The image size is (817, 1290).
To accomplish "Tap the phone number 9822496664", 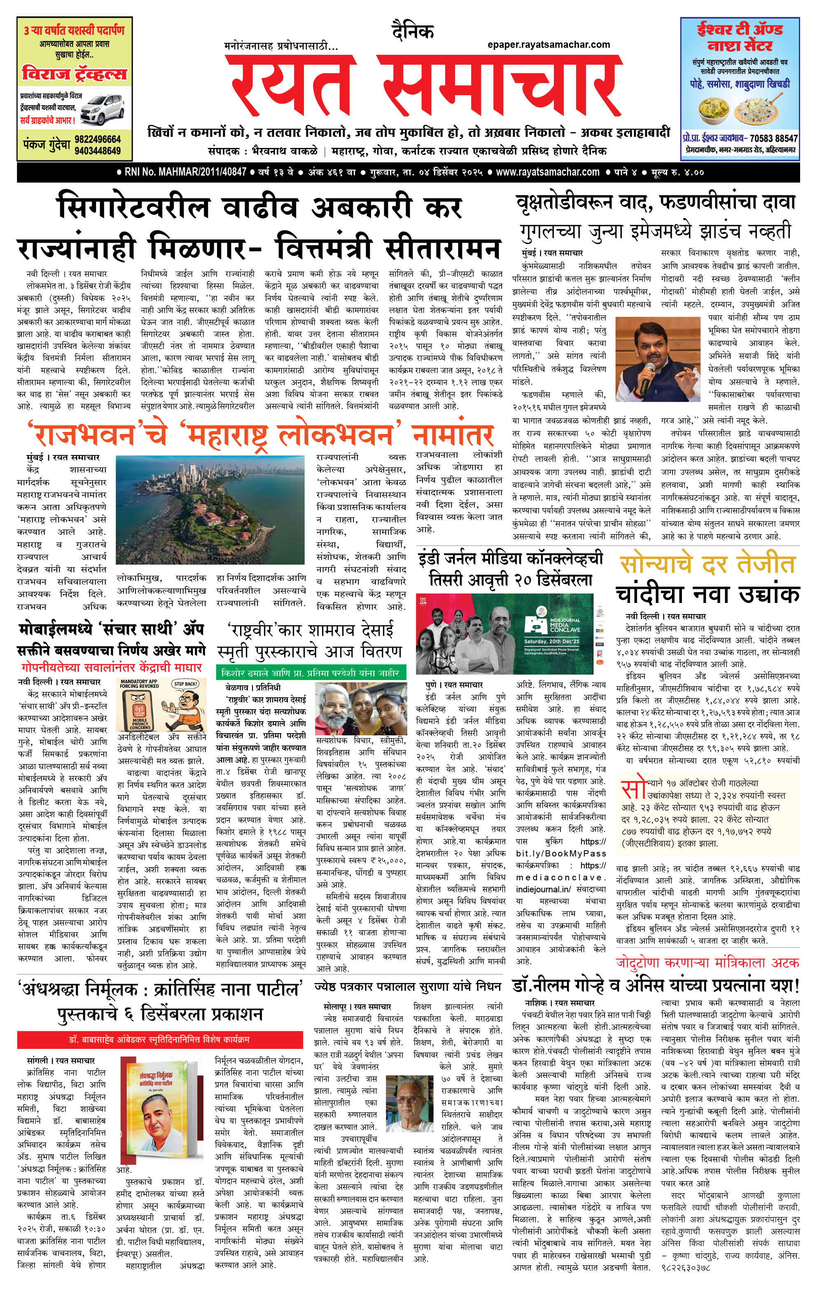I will [x=98, y=139].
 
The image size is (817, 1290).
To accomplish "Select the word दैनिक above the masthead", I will [x=412, y=32].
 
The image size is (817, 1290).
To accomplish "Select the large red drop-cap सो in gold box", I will [x=633, y=788].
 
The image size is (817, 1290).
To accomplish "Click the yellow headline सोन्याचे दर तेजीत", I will [x=707, y=565].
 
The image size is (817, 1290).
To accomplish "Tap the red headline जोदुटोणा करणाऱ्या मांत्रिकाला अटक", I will [x=707, y=962].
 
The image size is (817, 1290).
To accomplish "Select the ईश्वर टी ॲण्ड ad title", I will [x=739, y=36].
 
